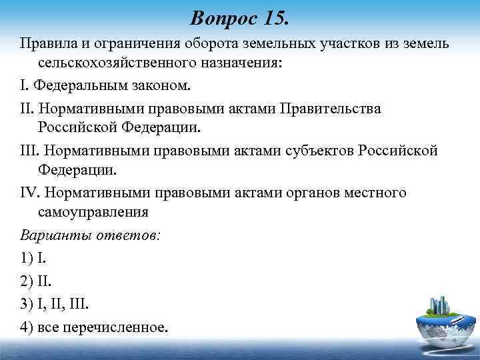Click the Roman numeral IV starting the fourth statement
pyautogui.click(x=29, y=193)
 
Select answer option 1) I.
pyautogui.click(x=31, y=257)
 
